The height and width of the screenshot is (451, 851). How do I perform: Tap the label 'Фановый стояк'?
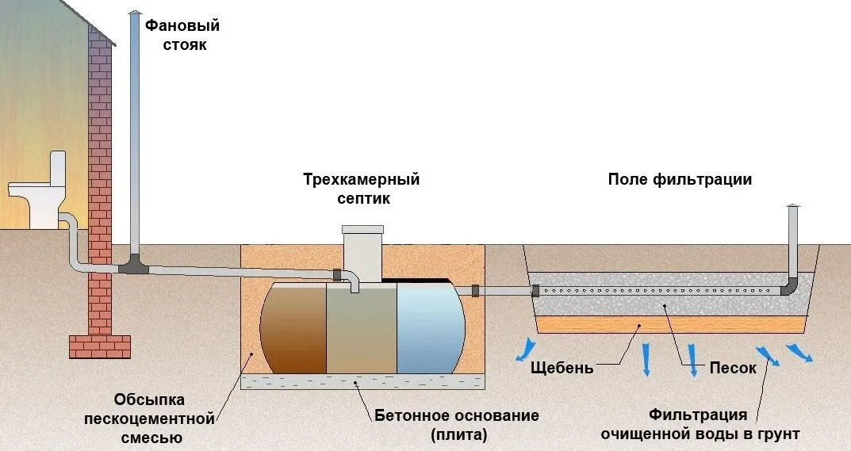182,35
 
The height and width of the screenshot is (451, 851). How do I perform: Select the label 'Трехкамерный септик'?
361,189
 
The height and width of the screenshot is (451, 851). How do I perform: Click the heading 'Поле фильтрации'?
680,179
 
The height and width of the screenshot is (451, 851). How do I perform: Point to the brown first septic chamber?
293,328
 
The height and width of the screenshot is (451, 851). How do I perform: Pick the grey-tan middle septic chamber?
361,330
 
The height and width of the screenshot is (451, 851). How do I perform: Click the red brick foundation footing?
99,346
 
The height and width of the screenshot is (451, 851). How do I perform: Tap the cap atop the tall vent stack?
134,15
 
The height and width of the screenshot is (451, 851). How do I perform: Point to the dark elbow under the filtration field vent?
790,287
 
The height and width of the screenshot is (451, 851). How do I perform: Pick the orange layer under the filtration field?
674,324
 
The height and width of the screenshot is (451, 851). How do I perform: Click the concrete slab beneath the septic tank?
362,383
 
